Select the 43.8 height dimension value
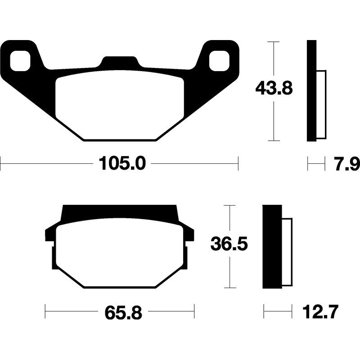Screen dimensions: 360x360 point(274,88)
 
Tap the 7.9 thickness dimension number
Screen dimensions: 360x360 point(346,164)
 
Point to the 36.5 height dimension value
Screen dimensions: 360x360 point(229,245)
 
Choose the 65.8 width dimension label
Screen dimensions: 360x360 point(120,311)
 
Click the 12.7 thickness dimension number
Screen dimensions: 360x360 point(320,311)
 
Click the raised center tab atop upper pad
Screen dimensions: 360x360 point(119,63)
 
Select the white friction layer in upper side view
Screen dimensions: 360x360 point(321,104)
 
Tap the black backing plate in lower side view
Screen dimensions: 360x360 point(272,246)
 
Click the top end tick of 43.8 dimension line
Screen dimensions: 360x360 point(274,41)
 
